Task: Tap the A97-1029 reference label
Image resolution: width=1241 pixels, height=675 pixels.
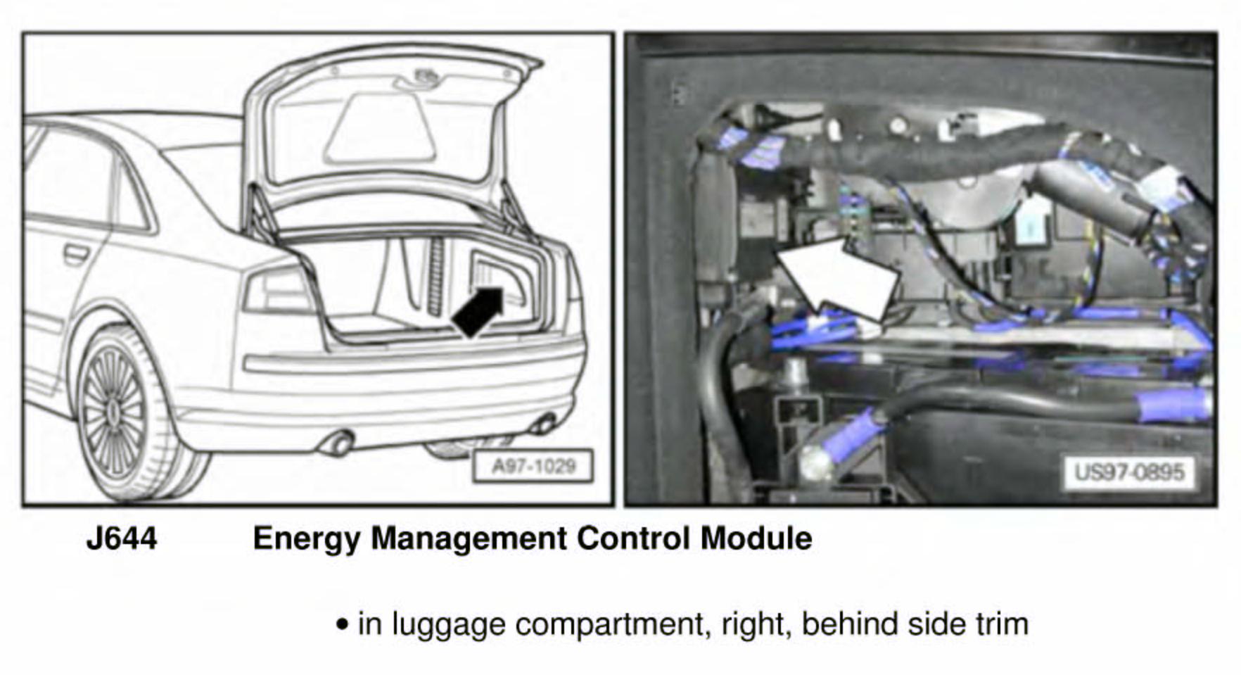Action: [x=533, y=466]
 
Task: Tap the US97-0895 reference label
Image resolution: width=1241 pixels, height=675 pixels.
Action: [x=1130, y=472]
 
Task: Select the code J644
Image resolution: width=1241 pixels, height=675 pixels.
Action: [x=122, y=539]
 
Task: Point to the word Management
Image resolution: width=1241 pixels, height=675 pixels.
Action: [x=469, y=539]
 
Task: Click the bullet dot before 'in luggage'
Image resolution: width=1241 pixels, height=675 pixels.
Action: [x=343, y=624]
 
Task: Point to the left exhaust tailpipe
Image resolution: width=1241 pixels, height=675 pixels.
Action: [x=338, y=443]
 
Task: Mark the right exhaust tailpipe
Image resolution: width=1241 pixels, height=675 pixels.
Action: [x=543, y=424]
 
